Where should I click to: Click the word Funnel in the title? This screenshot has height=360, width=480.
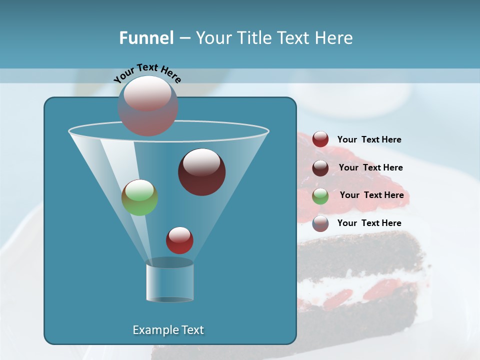click(146, 38)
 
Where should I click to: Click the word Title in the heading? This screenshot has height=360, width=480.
click(254, 38)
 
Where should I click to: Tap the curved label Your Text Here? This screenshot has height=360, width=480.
click(147, 72)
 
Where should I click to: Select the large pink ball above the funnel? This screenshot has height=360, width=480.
click(148, 105)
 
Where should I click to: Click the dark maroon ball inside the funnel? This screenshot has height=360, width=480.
click(201, 172)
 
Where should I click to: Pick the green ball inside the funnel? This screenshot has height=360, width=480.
click(139, 197)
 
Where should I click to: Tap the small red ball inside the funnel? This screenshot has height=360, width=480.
click(179, 240)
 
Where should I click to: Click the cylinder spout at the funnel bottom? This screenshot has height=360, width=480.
click(169, 280)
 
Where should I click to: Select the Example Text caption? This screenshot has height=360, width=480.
click(168, 330)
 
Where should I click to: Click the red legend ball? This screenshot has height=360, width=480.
click(320, 139)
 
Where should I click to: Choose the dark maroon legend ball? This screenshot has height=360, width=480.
click(320, 167)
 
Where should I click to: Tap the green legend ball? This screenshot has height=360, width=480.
click(320, 195)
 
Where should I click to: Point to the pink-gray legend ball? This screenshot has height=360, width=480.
click(320, 223)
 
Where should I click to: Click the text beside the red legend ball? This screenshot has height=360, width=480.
click(369, 140)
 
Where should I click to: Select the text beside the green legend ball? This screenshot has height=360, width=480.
click(371, 195)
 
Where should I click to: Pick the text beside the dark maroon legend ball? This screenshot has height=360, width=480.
click(370, 168)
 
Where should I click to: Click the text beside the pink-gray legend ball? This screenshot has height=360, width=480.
click(369, 223)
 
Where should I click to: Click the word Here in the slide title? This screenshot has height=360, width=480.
click(334, 38)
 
